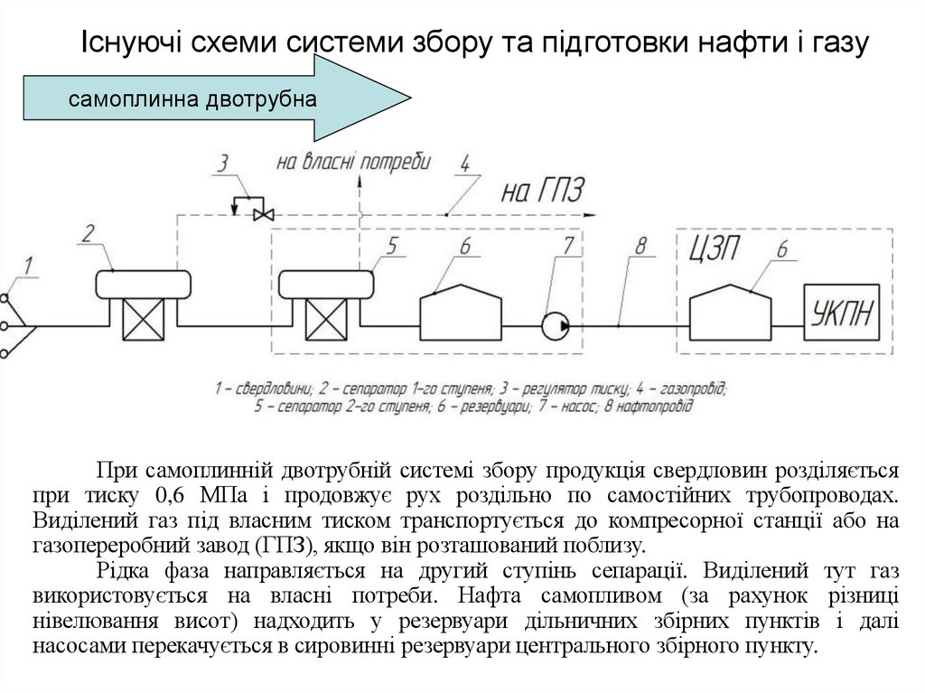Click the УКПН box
(842, 314)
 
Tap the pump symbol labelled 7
(555, 324)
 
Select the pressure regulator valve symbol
(264, 213)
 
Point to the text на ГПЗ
(544, 191)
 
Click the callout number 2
(89, 233)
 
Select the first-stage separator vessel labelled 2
(145, 286)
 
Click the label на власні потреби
(353, 163)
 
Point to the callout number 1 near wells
(28, 266)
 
